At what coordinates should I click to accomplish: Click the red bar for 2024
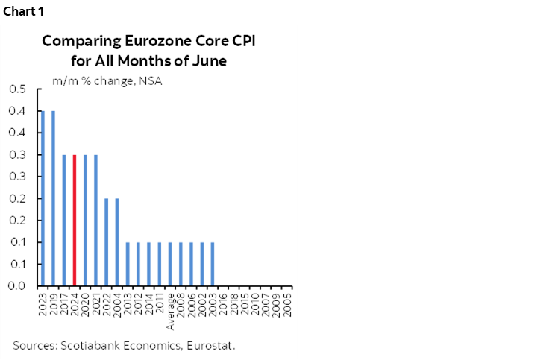pyautogui.click(x=75, y=220)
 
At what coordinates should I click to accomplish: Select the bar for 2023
pyautogui.click(x=43, y=198)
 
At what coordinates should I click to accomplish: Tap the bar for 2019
pyautogui.click(x=53, y=198)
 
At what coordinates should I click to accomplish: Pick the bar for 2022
pyautogui.click(x=107, y=242)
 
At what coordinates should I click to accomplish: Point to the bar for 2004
pyautogui.click(x=117, y=242)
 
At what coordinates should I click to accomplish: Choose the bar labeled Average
pyautogui.click(x=171, y=264)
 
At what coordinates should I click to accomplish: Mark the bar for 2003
pyautogui.click(x=213, y=264)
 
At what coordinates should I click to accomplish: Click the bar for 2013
pyautogui.click(x=128, y=264)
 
